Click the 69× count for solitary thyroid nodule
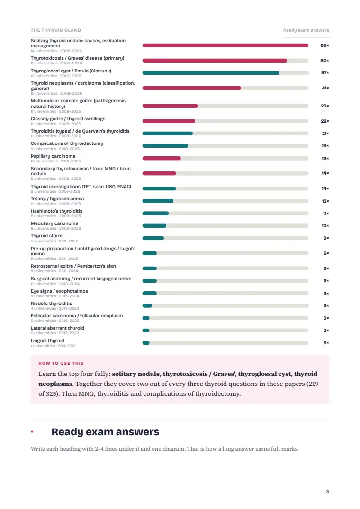(324, 45)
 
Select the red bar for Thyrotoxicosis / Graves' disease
(215, 61)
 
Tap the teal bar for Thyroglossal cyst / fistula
(211, 73)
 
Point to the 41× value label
(325, 88)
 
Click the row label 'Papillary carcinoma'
(53, 156)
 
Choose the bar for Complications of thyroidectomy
(165, 146)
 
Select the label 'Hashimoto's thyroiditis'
(56, 211)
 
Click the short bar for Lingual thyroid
(146, 343)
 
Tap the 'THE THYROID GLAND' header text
(56, 30)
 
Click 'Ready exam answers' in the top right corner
(306, 30)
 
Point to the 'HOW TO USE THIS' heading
(61, 363)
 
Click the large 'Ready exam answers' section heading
(105, 432)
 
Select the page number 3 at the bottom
(327, 492)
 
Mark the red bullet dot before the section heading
(32, 432)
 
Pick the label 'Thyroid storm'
(46, 236)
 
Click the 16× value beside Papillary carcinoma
(325, 159)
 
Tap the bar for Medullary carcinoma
(154, 225)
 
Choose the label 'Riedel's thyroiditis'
(51, 303)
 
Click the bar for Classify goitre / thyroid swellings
(169, 121)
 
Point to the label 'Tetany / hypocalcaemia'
(57, 199)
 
